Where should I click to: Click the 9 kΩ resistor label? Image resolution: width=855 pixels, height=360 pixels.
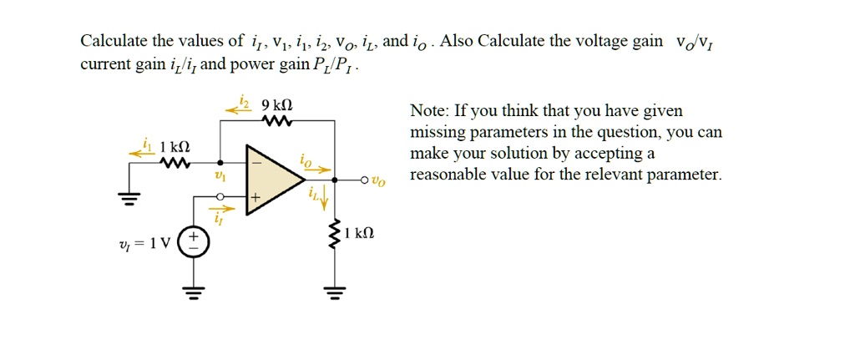coord(277,104)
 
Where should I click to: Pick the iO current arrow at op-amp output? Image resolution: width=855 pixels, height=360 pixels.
coord(318,170)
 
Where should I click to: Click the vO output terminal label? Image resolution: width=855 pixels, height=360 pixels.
coord(378,181)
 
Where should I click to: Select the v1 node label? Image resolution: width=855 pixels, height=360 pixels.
coord(220,176)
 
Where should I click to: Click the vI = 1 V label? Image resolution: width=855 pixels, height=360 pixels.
coord(145,244)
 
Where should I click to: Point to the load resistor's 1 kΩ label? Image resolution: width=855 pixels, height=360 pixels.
coord(359,234)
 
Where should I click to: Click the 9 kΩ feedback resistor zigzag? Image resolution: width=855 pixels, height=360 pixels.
coord(277,119)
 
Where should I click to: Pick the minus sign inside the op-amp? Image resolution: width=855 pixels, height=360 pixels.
coord(255,162)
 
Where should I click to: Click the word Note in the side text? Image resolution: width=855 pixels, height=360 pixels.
coord(430,111)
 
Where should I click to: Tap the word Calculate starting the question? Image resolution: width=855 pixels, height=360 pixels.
coord(114,41)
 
